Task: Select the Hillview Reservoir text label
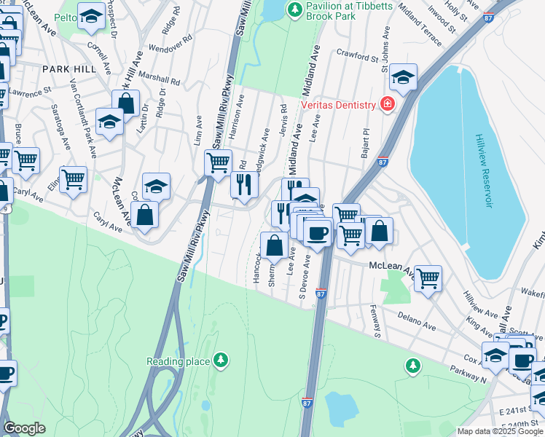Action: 483,170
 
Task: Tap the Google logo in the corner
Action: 25,428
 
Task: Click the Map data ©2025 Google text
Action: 500,431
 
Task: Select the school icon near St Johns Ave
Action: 403,77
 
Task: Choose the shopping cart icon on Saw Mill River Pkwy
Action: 218,163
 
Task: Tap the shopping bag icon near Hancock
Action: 274,245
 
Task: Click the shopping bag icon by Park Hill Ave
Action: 125,103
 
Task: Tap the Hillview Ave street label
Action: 481,304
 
